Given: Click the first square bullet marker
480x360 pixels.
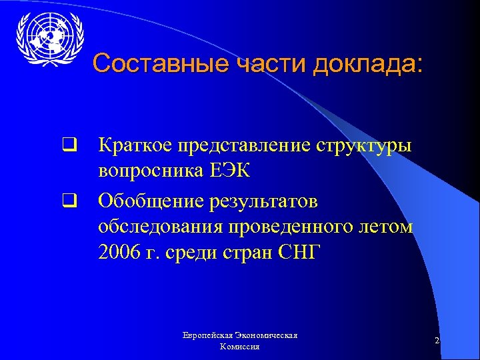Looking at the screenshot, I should coord(67,143).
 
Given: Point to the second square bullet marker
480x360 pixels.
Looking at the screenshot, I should coord(67,199).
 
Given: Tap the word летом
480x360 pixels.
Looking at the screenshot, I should coord(385,227).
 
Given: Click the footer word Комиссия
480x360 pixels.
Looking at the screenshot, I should coord(240,347).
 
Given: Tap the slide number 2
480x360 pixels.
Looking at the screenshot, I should coord(436,341).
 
